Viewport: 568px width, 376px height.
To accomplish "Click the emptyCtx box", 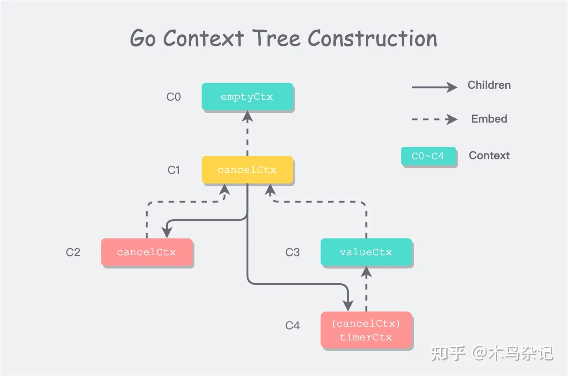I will [247, 97].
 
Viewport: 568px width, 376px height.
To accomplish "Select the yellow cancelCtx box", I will [247, 170].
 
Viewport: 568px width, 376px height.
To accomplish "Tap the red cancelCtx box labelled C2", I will [147, 253].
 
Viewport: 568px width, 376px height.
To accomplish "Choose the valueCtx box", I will [366, 253].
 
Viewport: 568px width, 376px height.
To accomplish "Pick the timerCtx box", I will [366, 330].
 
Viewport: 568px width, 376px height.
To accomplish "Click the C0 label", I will [174, 97].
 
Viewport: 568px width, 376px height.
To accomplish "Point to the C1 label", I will [174, 170].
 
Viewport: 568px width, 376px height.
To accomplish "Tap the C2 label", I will [73, 253].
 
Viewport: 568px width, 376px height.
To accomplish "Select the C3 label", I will [292, 253].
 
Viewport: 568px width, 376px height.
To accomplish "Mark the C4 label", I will [292, 325].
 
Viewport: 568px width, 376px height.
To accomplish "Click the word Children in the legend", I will [489, 85].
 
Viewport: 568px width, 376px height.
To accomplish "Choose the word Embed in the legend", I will [489, 119].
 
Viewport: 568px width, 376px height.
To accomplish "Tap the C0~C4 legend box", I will [428, 156].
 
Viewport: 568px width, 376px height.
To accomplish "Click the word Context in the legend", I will [489, 155].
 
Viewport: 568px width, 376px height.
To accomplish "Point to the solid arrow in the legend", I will [434, 87].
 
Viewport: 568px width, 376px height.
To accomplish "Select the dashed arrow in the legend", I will [434, 119].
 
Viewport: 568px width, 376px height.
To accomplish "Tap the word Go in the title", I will [142, 39].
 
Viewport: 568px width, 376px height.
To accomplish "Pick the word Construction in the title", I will [372, 38].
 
